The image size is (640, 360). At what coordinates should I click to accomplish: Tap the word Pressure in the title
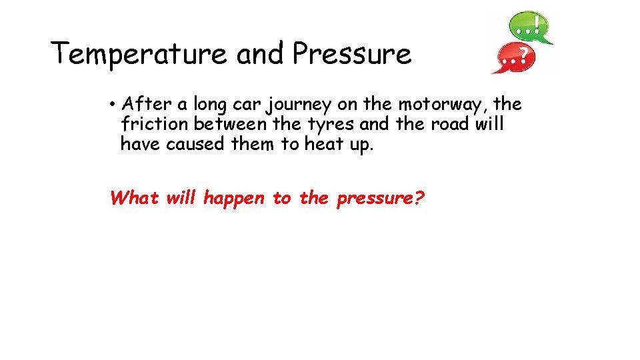(x=351, y=53)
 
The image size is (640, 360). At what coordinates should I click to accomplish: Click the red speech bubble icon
(x=513, y=57)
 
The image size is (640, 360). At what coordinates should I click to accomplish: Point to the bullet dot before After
(x=115, y=105)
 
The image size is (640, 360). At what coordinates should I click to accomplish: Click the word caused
(x=195, y=144)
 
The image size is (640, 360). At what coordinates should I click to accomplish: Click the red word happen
(x=234, y=199)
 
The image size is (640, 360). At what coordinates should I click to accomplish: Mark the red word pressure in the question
(x=380, y=199)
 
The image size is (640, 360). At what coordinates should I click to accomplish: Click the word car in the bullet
(x=239, y=105)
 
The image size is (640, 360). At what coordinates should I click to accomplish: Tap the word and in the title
(x=261, y=53)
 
